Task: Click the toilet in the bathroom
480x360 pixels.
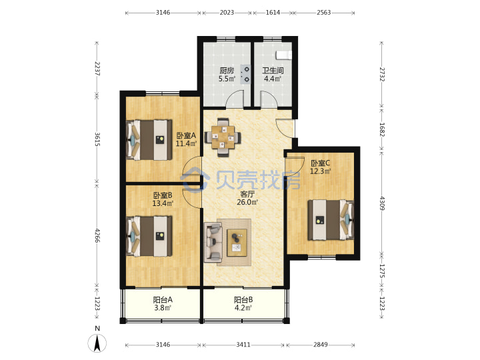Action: [x=284, y=55]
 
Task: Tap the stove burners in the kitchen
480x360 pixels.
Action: [x=245, y=75]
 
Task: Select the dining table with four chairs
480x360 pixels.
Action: [x=223, y=137]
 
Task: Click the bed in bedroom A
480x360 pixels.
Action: [x=149, y=140]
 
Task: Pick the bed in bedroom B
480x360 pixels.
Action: [x=149, y=236]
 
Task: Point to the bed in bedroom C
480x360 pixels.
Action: [x=331, y=220]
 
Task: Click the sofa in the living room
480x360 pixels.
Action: [x=213, y=243]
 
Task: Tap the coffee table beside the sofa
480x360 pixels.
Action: [x=237, y=243]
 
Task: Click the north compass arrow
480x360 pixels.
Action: [x=97, y=343]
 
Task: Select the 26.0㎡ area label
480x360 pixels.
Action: [x=247, y=202]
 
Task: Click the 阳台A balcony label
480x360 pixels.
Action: [x=163, y=300]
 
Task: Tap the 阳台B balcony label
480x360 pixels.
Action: [x=243, y=300]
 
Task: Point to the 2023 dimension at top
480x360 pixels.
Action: [x=227, y=13]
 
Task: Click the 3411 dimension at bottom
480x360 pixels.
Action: [x=243, y=345]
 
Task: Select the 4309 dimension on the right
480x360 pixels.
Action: [x=382, y=203]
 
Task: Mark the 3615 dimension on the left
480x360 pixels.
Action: [x=97, y=139]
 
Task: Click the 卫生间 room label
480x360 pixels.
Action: [x=273, y=71]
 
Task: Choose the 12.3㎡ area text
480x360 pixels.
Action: [x=320, y=171]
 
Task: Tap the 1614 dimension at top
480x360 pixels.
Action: [x=273, y=13]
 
